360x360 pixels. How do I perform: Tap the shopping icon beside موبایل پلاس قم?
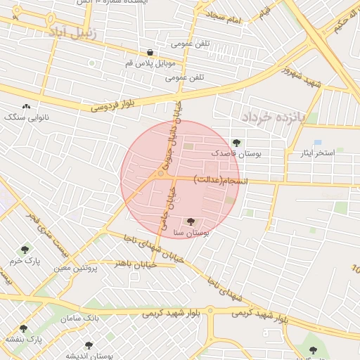click(150, 52)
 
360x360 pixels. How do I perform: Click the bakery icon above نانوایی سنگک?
click(27, 106)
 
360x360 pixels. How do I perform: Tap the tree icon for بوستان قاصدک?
click(236, 143)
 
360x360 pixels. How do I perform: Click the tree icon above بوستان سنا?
click(191, 221)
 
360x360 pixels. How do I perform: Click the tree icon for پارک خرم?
click(25, 250)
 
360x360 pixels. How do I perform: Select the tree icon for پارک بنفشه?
click(23, 328)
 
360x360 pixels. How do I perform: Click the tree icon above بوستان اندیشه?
click(89, 345)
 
